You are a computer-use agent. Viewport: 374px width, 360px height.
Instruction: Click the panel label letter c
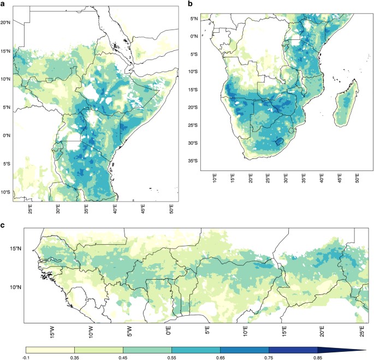pos(4,225)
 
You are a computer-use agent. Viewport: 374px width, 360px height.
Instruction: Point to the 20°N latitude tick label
pos(6,22)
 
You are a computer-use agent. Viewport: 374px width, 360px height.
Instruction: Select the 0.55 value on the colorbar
pos(171,357)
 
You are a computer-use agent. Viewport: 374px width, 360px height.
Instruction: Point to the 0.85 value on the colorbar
pos(317,357)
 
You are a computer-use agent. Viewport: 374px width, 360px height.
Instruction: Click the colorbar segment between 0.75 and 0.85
pos(293,349)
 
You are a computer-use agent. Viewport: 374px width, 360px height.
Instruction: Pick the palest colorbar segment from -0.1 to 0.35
pos(50,349)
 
